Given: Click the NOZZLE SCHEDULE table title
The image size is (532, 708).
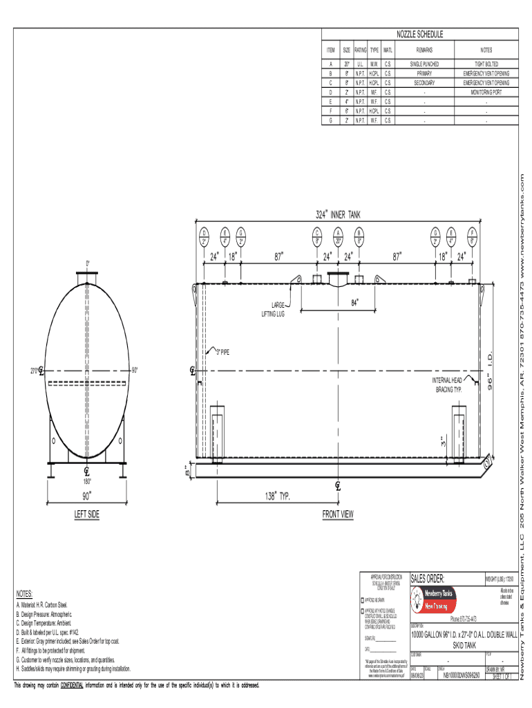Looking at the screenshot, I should pyautogui.click(x=419, y=35).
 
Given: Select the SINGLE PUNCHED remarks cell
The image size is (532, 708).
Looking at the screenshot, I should pyautogui.click(x=424, y=64).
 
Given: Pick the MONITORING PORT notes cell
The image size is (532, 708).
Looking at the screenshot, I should pyautogui.click(x=486, y=91).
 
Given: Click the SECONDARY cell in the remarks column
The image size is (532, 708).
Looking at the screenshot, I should pyautogui.click(x=424, y=82).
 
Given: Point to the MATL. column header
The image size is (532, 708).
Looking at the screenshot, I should pyautogui.click(x=388, y=50).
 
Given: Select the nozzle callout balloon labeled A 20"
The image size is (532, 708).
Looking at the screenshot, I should pyautogui.click(x=339, y=236).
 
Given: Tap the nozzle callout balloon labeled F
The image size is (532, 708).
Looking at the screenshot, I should pyautogui.click(x=471, y=236).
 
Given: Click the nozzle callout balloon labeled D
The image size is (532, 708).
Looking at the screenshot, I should pyautogui.click(x=205, y=236).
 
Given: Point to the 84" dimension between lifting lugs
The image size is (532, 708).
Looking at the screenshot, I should pyautogui.click(x=355, y=302).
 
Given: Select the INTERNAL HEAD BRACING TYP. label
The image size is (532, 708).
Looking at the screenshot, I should pyautogui.click(x=447, y=385).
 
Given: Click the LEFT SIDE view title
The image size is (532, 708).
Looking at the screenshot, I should pyautogui.click(x=87, y=515).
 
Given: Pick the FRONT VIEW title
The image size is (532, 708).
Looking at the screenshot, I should pyautogui.click(x=338, y=515).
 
